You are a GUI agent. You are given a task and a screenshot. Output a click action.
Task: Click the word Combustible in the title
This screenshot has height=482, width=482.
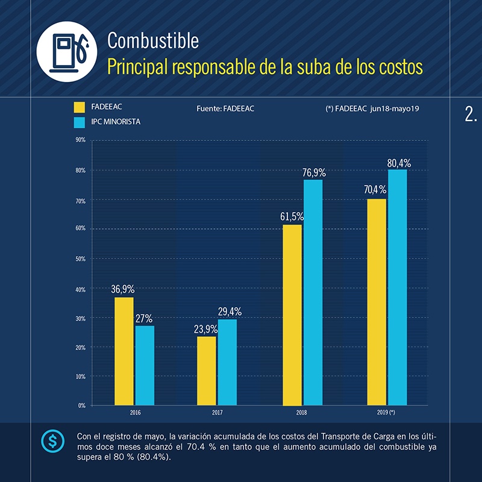click(x=152, y=40)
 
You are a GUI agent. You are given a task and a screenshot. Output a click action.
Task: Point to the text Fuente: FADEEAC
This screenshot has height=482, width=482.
click(x=225, y=108)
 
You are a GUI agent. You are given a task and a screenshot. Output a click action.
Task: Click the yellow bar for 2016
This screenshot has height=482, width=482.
click(x=124, y=351)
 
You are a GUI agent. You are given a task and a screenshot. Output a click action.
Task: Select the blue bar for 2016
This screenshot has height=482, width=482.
click(x=145, y=365)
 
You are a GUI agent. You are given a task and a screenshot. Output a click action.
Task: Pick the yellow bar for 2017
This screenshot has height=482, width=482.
click(x=207, y=371)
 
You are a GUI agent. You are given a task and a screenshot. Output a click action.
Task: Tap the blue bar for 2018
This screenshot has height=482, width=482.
click(x=313, y=292)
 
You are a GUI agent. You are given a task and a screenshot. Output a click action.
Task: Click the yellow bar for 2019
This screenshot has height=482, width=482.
click(x=377, y=302)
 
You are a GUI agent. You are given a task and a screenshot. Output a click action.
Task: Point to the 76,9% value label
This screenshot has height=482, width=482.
click(x=314, y=173)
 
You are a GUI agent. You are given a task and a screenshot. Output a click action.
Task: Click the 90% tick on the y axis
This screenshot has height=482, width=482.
click(x=80, y=140)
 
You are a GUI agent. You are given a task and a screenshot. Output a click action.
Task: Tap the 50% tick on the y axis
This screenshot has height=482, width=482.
click(x=80, y=258)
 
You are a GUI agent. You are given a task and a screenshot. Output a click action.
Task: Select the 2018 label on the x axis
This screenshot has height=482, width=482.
click(x=301, y=413)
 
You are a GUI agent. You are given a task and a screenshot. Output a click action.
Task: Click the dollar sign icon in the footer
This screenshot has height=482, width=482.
click(x=52, y=442)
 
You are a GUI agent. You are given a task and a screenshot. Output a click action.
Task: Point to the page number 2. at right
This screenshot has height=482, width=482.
click(x=471, y=114)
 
